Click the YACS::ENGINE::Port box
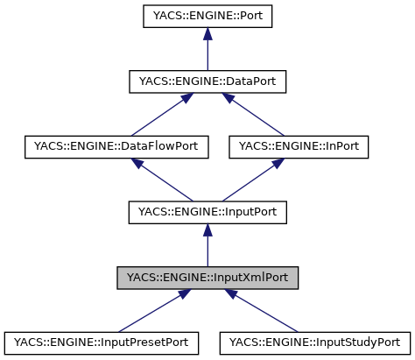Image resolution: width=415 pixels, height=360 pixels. [207, 16]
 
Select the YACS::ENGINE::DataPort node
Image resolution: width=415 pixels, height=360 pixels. [207, 81]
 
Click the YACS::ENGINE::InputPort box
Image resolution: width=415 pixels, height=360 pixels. [207, 212]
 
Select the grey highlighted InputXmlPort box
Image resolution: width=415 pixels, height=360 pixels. [207, 278]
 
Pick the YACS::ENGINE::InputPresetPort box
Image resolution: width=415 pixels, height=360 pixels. [102, 342]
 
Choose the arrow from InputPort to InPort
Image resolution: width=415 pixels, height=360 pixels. [254, 180]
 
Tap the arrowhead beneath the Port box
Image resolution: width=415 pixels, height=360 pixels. [207, 33]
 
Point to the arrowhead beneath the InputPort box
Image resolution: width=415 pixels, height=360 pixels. [207, 229]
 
